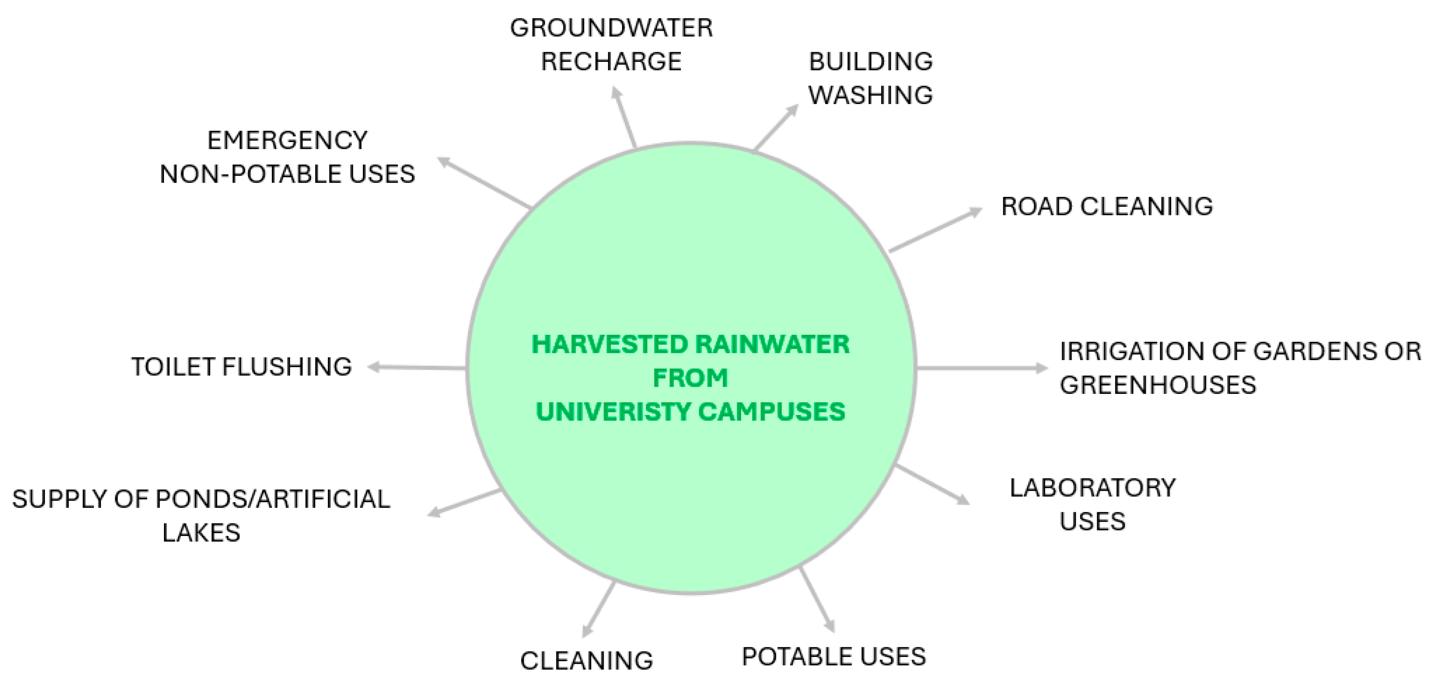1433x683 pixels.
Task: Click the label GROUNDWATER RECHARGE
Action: tap(611, 45)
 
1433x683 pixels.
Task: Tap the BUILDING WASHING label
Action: tap(870, 78)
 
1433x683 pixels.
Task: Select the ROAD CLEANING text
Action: tap(1107, 206)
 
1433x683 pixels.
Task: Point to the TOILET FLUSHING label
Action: tap(242, 367)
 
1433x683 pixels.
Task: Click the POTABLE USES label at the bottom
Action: tap(833, 657)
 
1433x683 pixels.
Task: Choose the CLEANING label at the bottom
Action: tap(586, 661)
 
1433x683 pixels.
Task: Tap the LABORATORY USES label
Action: tap(1092, 504)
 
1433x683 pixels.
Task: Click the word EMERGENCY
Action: tap(287, 140)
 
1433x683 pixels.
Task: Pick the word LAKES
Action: tap(201, 533)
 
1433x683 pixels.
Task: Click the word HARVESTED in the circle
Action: tap(602, 344)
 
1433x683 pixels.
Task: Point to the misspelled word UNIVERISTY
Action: tap(613, 412)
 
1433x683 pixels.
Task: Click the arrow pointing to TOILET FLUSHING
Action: tap(417, 367)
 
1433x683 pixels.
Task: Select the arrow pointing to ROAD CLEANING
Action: tap(936, 230)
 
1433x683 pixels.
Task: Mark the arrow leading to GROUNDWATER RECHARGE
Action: tap(624, 117)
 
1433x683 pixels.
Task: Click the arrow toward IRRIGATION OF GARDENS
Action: tap(981, 368)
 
